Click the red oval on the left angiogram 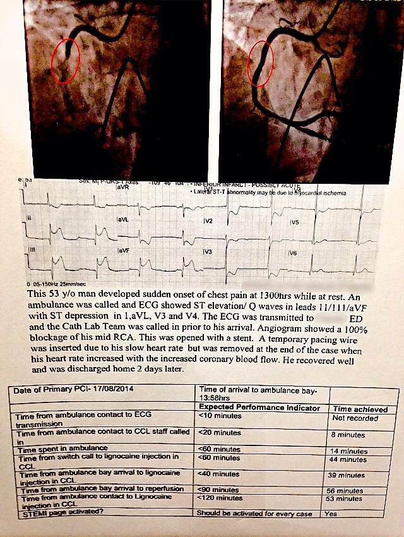(x=66, y=61)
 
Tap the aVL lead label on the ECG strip (x=122, y=219)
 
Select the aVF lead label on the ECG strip (x=122, y=251)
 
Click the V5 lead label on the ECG (x=294, y=222)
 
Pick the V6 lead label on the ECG (x=292, y=253)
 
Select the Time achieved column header (x=359, y=409)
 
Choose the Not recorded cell (x=355, y=418)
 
